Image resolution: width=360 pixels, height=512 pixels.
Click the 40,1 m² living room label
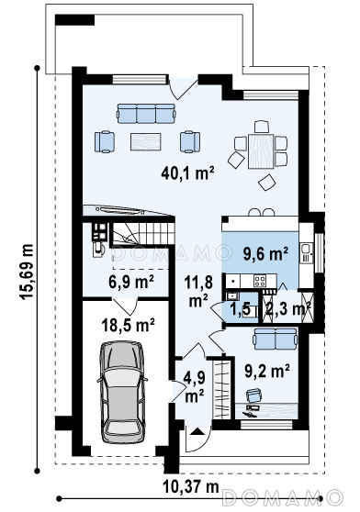tap(187, 173)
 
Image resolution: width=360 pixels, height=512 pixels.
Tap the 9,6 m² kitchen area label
tap(265, 254)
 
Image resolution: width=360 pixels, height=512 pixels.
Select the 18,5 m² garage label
tap(128, 325)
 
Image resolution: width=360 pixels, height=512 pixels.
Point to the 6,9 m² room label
tap(131, 282)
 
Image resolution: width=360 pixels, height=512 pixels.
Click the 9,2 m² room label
tap(267, 371)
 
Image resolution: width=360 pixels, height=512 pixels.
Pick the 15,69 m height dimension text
tap(26, 272)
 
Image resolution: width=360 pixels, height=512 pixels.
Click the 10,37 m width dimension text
tap(191, 487)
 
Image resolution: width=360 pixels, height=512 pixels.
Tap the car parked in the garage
tap(122, 392)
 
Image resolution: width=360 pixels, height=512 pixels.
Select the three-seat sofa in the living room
tap(146, 114)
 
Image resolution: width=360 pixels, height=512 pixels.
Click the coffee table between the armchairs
tap(146, 141)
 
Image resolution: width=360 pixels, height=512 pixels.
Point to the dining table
tap(261, 151)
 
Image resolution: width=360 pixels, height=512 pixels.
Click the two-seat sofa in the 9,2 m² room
tap(276, 339)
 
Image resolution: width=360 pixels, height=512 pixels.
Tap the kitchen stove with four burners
tap(261, 281)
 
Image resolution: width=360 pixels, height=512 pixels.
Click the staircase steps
tap(143, 233)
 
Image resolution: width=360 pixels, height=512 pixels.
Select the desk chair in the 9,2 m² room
tap(254, 395)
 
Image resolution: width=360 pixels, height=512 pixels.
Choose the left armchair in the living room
tap(105, 141)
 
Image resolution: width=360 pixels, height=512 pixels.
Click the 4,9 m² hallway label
tap(195, 387)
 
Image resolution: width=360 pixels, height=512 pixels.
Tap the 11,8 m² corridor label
tap(198, 291)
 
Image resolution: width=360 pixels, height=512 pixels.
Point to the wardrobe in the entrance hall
tap(220, 389)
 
